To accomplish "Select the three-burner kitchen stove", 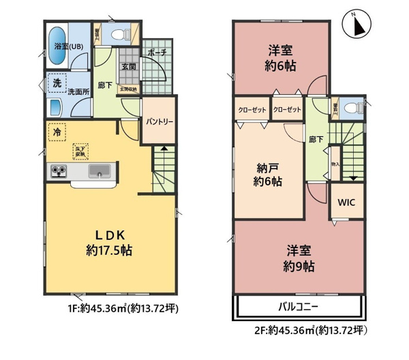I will [x=58, y=171].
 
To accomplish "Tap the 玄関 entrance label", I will [x=128, y=67].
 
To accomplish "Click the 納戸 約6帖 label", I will [x=267, y=175].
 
